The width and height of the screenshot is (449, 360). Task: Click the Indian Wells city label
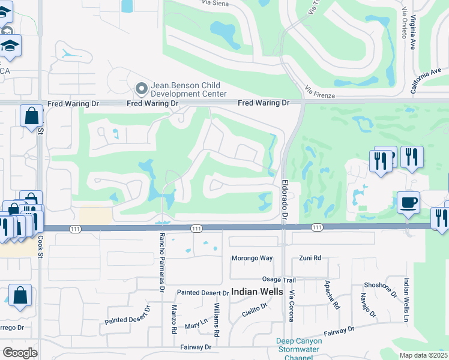point(257,292)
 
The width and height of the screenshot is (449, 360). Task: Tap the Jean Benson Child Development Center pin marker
point(142,89)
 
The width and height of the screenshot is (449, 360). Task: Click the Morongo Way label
point(252,258)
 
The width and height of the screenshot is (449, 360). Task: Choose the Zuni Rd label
point(310,258)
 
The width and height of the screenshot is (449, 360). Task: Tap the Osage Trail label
point(279,280)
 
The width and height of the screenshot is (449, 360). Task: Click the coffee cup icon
point(408,202)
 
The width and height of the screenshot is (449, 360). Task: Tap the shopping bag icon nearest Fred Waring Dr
point(31,115)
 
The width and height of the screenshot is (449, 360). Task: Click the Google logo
point(20,353)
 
